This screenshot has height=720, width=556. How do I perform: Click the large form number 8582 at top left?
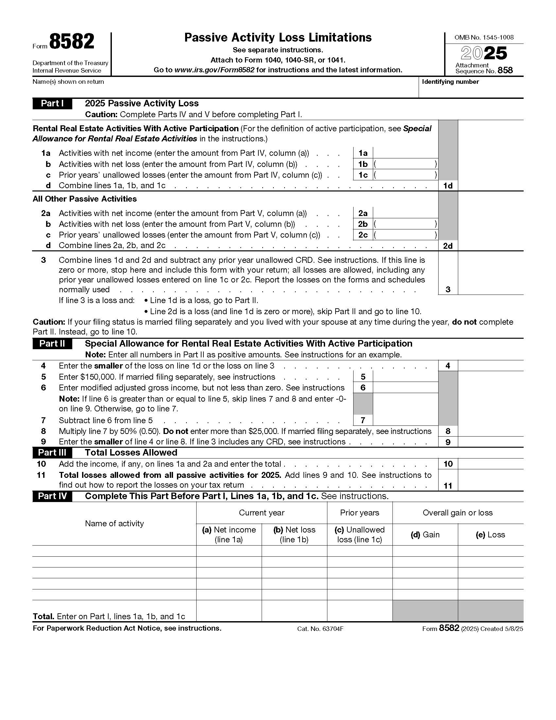tap(72, 42)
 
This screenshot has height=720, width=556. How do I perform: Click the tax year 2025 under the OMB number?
tap(483, 53)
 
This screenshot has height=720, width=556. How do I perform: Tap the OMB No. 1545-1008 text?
tap(483, 38)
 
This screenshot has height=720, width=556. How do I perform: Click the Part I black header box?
tap(52, 103)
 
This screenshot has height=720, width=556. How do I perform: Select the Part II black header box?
tap(52, 344)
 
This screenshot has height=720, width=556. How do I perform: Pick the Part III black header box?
tap(52, 452)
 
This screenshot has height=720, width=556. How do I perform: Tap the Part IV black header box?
tap(52, 496)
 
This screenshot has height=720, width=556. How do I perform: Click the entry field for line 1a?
tap(405, 153)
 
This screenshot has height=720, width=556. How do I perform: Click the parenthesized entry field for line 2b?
tap(405, 224)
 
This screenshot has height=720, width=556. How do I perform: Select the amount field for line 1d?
tap(490, 186)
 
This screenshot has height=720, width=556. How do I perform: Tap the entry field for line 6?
tap(405, 388)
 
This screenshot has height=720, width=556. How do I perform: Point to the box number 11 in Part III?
tap(448, 486)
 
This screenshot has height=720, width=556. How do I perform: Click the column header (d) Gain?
tap(425, 535)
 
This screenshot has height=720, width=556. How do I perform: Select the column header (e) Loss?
tap(490, 535)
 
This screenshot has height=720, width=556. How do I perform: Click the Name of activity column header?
tap(114, 524)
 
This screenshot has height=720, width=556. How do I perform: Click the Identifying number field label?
tap(450, 82)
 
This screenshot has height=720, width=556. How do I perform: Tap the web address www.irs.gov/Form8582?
tap(214, 70)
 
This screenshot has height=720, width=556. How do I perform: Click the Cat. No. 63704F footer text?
tap(320, 629)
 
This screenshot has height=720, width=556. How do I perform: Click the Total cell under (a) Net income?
tap(229, 611)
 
